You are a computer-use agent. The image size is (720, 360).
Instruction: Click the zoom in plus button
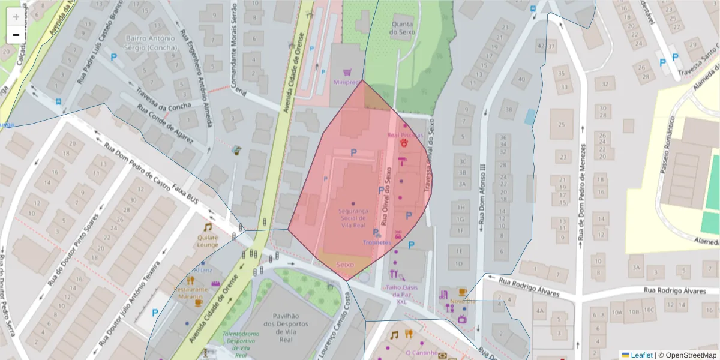(16, 17)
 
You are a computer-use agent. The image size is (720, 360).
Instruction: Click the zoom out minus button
(16, 35)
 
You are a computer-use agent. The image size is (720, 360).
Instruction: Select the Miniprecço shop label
(346, 82)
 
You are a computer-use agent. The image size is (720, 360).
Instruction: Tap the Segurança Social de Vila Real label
(352, 218)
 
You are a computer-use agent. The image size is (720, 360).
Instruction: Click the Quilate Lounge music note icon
(208, 227)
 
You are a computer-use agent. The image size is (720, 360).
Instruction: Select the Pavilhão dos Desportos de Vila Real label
(277, 326)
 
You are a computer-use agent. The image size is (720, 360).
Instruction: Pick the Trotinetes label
(377, 242)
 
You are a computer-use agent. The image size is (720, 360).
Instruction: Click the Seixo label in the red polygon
(345, 265)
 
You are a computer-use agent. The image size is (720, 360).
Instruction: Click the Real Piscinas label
(405, 135)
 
